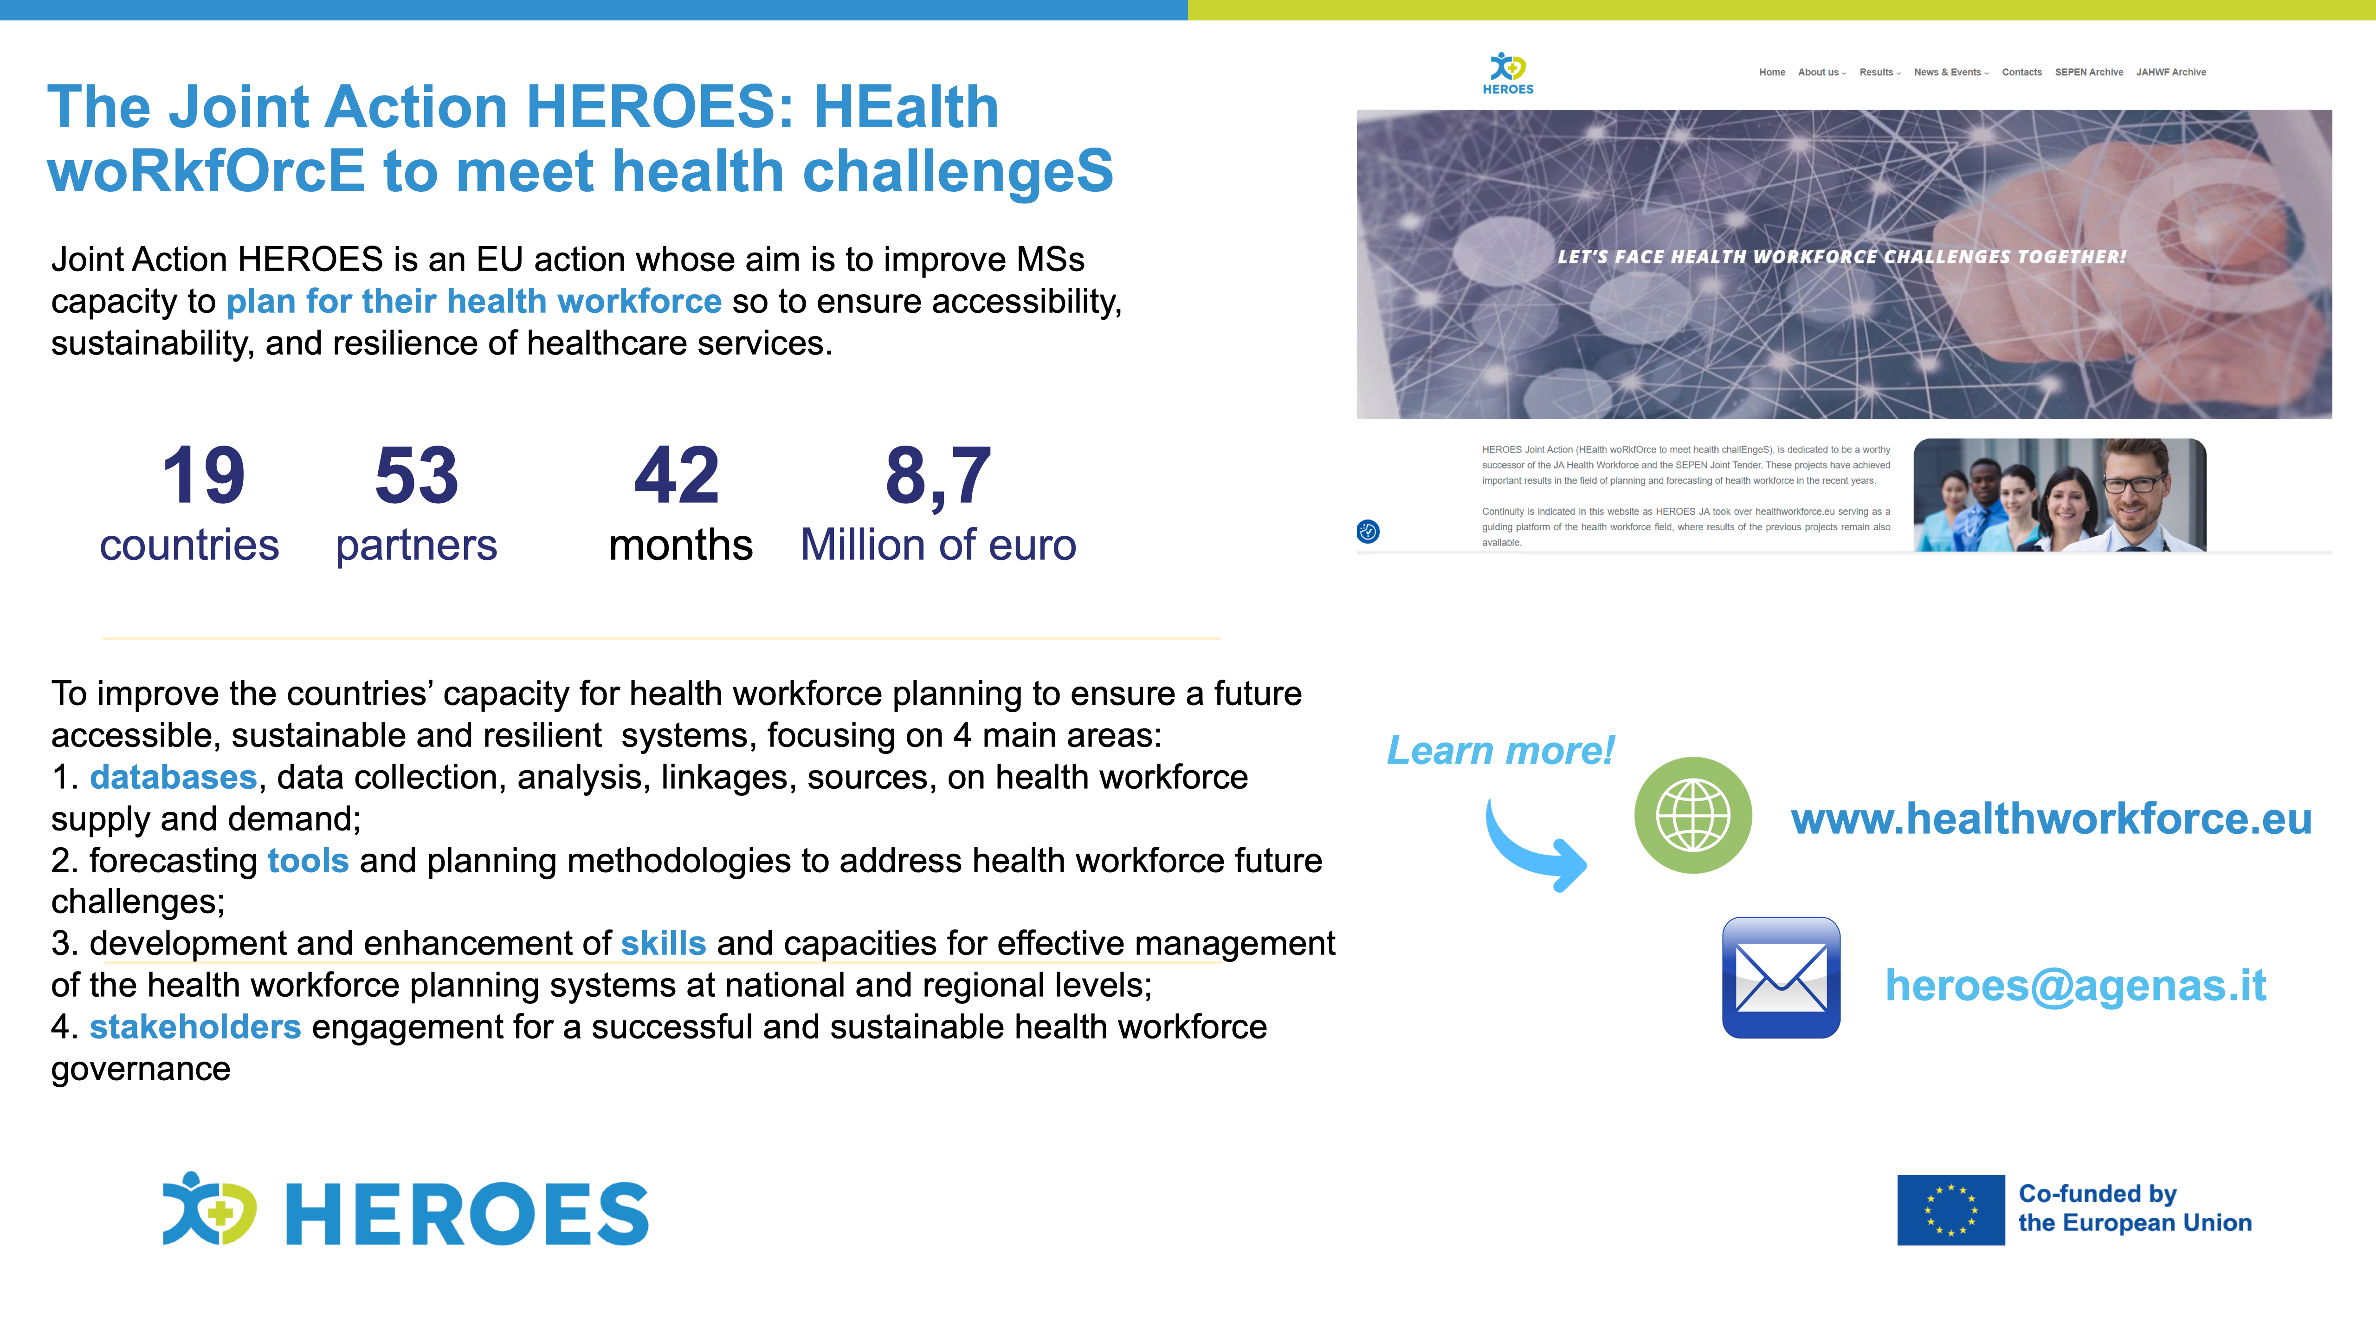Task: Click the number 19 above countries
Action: click(204, 475)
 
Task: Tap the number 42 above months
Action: click(677, 475)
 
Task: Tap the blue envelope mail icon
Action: click(1781, 977)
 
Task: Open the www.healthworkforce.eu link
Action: click(2051, 818)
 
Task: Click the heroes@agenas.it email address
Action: click(2075, 986)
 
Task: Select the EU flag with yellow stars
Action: click(1951, 1210)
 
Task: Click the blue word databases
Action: click(174, 777)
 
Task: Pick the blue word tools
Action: click(308, 860)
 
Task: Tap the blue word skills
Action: click(663, 943)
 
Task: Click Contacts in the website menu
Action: click(2022, 72)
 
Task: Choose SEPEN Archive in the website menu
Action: click(2089, 72)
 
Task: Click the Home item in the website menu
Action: click(1772, 72)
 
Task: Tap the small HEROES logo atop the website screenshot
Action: click(1508, 73)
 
